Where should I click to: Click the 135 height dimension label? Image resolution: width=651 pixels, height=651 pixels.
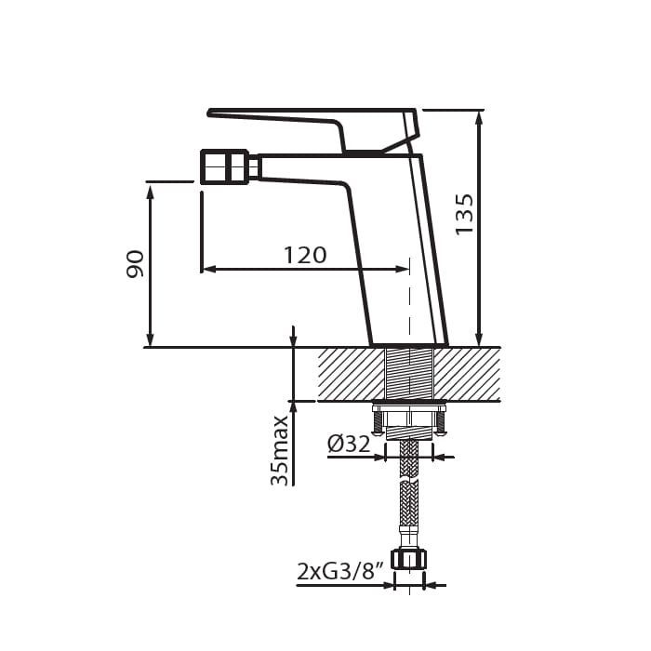coord(464,214)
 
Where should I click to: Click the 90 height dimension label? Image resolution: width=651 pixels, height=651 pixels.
coord(136,263)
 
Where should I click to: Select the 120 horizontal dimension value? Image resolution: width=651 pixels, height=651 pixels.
coord(305,255)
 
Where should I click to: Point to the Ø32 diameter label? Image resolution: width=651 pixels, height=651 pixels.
coord(349,445)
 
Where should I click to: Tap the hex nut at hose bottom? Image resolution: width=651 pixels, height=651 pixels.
coord(408,559)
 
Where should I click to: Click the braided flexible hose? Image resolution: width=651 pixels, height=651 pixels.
coord(408,502)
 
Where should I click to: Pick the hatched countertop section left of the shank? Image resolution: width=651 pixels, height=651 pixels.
coord(351,374)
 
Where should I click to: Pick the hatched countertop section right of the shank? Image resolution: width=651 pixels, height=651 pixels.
coord(467,374)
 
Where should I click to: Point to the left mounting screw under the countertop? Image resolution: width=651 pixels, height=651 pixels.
coord(378,421)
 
